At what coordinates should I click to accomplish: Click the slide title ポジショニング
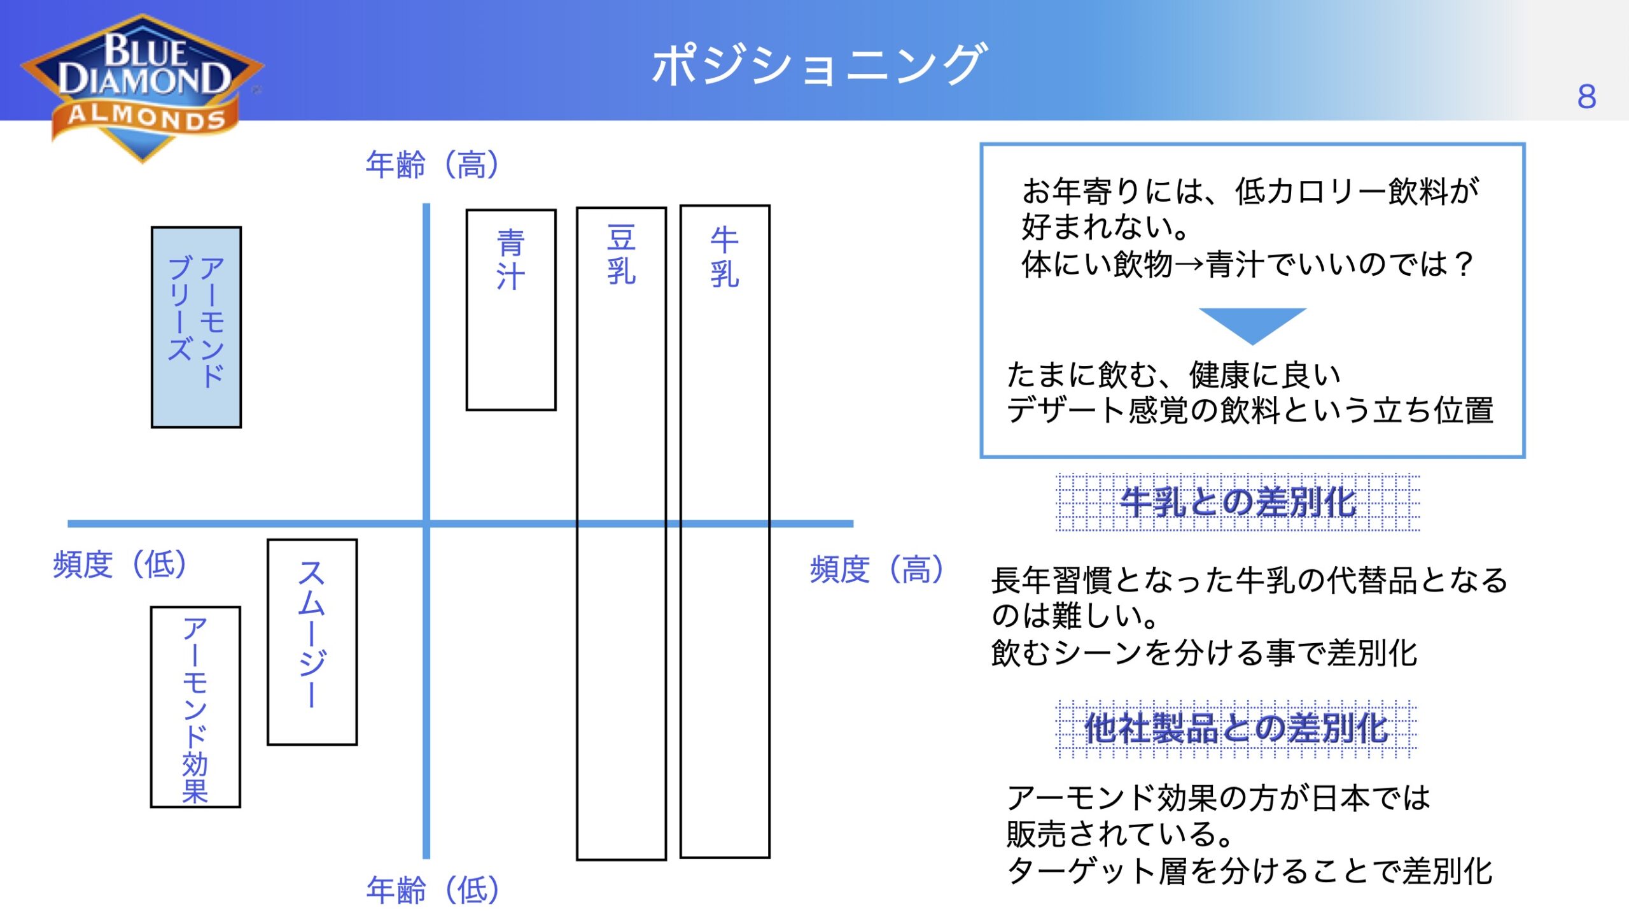[x=820, y=64]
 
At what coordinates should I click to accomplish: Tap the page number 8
[x=1586, y=97]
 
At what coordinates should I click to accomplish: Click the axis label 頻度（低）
[x=120, y=564]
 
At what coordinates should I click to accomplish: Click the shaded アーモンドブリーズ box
[x=196, y=327]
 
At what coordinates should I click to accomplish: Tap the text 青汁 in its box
[x=510, y=260]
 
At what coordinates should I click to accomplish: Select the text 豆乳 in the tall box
[x=621, y=255]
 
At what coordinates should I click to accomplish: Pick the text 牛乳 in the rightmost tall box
[x=725, y=257]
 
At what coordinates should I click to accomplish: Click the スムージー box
[x=312, y=642]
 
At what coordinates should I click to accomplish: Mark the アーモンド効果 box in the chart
[x=195, y=707]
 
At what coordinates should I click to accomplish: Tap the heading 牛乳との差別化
[x=1238, y=502]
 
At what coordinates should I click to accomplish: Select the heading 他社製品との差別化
[x=1236, y=729]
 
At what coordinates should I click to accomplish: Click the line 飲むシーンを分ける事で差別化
[x=1204, y=653]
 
